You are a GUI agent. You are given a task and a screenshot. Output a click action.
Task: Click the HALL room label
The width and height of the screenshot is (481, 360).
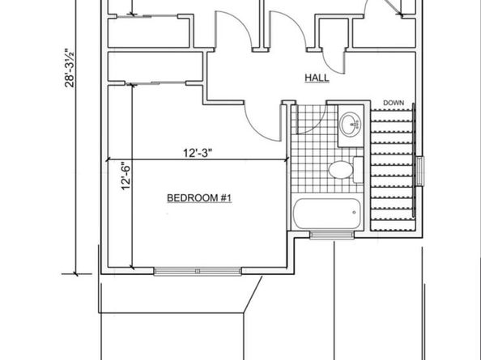[317, 78]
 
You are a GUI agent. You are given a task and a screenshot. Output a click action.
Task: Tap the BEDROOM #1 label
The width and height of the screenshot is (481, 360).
[199, 198]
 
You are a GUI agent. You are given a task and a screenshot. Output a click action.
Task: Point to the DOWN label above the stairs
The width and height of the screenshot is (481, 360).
[394, 103]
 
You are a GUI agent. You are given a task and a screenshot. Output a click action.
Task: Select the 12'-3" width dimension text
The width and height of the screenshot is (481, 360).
[198, 153]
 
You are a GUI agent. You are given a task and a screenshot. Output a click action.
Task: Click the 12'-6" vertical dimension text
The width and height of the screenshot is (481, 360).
[126, 176]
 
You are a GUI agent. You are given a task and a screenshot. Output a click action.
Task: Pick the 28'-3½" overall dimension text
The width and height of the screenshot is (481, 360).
[70, 68]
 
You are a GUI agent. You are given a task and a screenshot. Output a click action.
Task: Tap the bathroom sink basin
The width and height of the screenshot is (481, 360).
[351, 124]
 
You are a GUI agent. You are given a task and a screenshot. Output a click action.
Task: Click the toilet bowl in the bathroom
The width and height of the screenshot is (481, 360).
[340, 170]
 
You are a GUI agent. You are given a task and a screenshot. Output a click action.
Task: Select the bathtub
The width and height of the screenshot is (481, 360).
[326, 214]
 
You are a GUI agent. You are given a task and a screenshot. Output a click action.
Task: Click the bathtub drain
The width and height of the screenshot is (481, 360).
[354, 212]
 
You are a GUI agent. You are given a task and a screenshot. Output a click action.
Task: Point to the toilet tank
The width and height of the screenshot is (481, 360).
[358, 170]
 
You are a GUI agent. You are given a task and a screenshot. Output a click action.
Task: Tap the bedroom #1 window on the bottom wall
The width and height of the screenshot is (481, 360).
[198, 271]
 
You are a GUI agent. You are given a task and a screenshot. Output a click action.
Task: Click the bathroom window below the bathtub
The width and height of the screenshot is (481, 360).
[332, 235]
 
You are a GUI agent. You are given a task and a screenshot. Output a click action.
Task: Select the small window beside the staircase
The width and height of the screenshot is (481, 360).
[420, 172]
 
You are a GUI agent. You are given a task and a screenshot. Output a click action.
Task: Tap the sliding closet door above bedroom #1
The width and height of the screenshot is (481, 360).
[155, 83]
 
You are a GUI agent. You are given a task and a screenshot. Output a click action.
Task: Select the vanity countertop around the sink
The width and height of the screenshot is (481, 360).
[351, 125]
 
